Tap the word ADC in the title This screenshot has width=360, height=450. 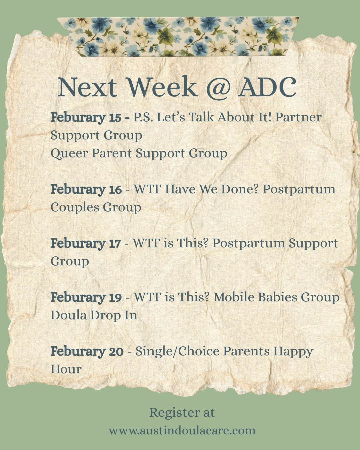pos(267,87)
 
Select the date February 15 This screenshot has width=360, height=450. pos(86,117)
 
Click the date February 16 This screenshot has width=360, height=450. pos(86,189)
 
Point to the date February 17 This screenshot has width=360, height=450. pos(85,243)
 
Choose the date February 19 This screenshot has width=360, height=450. pos(86,297)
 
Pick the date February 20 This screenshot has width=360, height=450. pos(87,351)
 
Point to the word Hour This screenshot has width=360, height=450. pos(66,369)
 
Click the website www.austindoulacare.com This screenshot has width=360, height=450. pos(182,430)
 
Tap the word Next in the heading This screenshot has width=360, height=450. pos(87,87)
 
